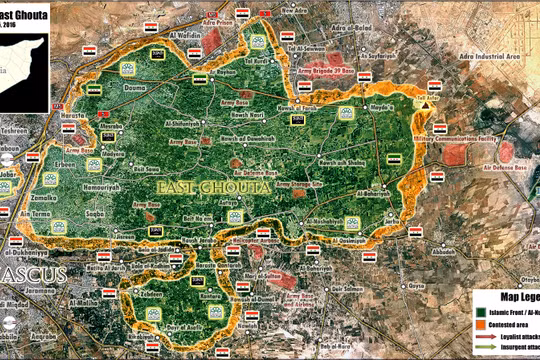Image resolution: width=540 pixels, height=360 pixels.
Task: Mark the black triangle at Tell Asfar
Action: point(427,103)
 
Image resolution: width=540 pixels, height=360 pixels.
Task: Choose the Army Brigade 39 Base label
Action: point(329,71)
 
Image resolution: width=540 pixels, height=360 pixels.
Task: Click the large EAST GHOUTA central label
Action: point(196,187)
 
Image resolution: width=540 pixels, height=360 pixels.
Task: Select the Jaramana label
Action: point(27,291)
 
